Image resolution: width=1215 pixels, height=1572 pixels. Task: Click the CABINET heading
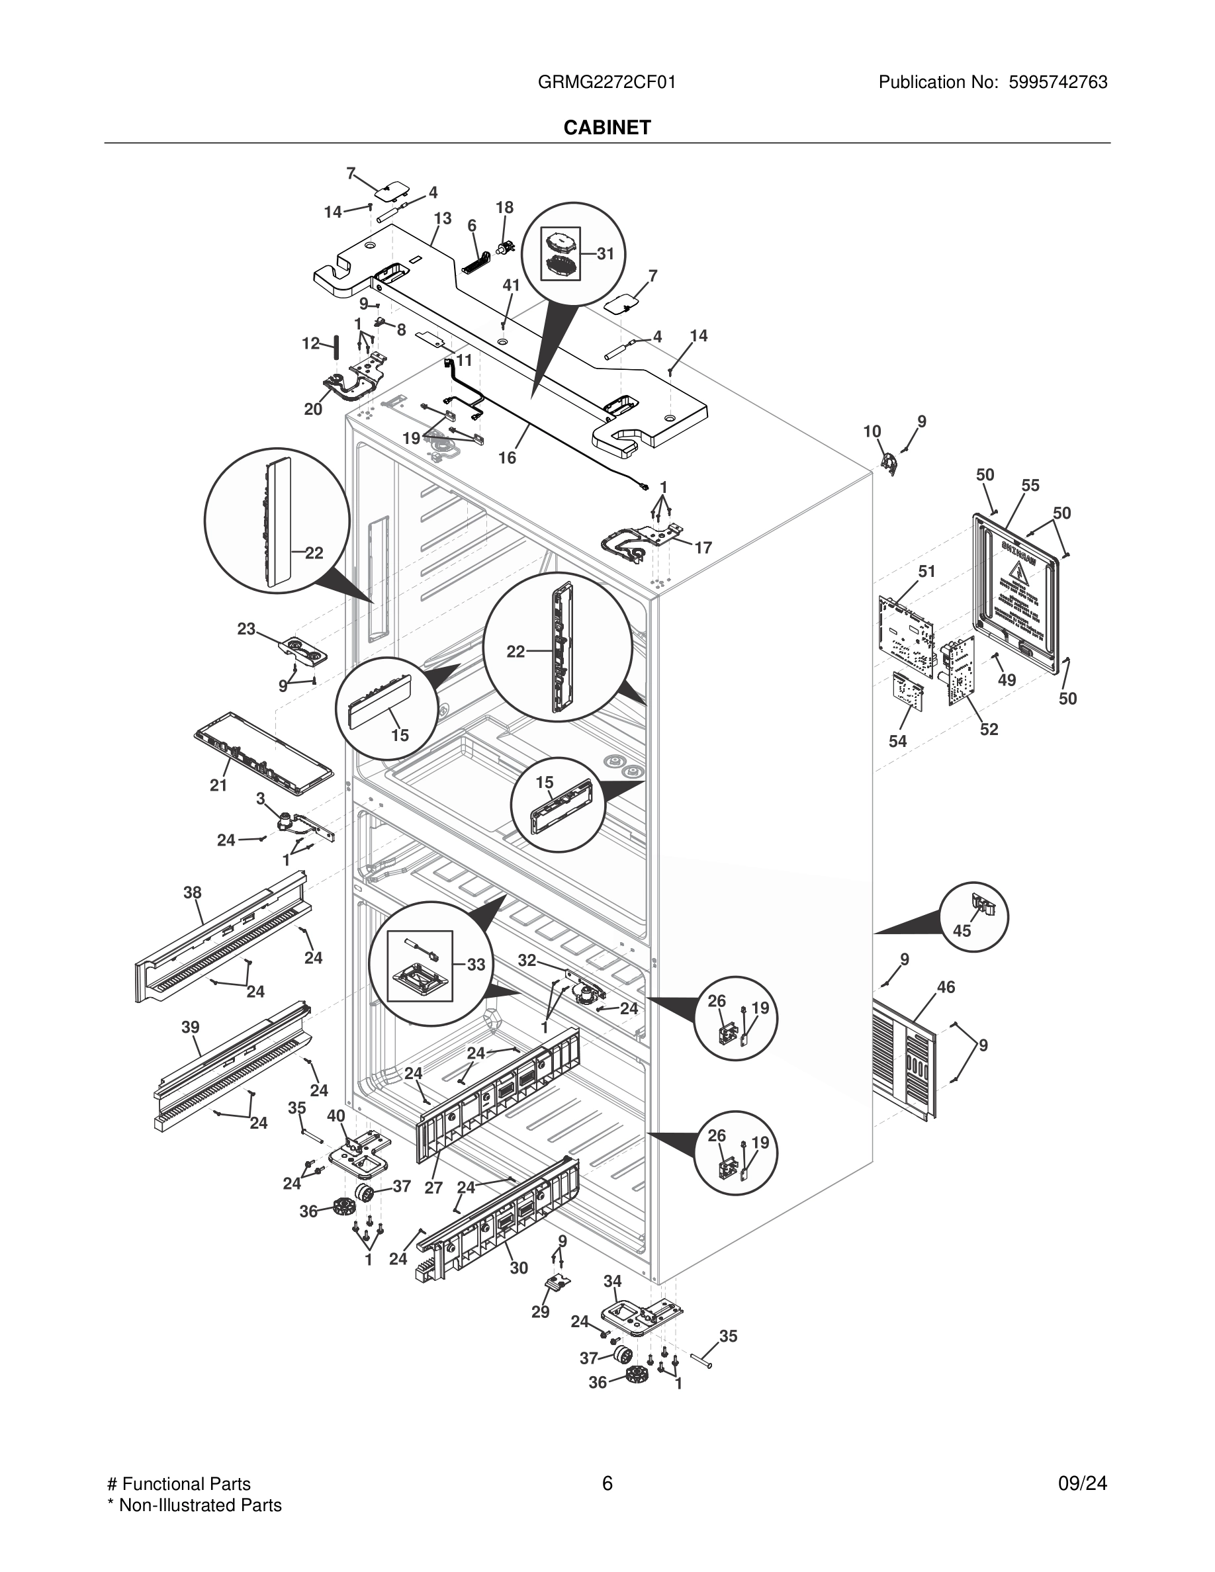pyautogui.click(x=607, y=128)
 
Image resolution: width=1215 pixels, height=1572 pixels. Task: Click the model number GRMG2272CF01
pyautogui.click(x=607, y=82)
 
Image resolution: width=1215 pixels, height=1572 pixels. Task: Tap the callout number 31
pyautogui.click(x=606, y=253)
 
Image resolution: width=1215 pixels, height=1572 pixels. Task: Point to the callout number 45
pyautogui.click(x=962, y=931)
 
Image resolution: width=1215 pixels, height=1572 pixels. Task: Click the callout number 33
pyautogui.click(x=476, y=965)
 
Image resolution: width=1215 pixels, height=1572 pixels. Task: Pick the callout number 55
pyautogui.click(x=1030, y=485)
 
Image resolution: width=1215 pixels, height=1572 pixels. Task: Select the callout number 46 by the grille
pyautogui.click(x=946, y=988)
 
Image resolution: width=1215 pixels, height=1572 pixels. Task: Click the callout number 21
pyautogui.click(x=218, y=785)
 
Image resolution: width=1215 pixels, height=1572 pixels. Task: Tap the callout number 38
pyautogui.click(x=192, y=893)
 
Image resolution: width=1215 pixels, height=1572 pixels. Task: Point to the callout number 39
pyautogui.click(x=190, y=1027)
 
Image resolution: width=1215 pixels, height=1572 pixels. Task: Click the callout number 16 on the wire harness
pyautogui.click(x=507, y=458)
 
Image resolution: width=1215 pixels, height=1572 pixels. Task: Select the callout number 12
pyautogui.click(x=310, y=343)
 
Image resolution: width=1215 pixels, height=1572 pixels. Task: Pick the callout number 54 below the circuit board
pyautogui.click(x=897, y=740)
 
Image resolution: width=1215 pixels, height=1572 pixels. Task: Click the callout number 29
pyautogui.click(x=540, y=1311)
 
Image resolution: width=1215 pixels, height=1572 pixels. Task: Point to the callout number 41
pyautogui.click(x=510, y=285)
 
